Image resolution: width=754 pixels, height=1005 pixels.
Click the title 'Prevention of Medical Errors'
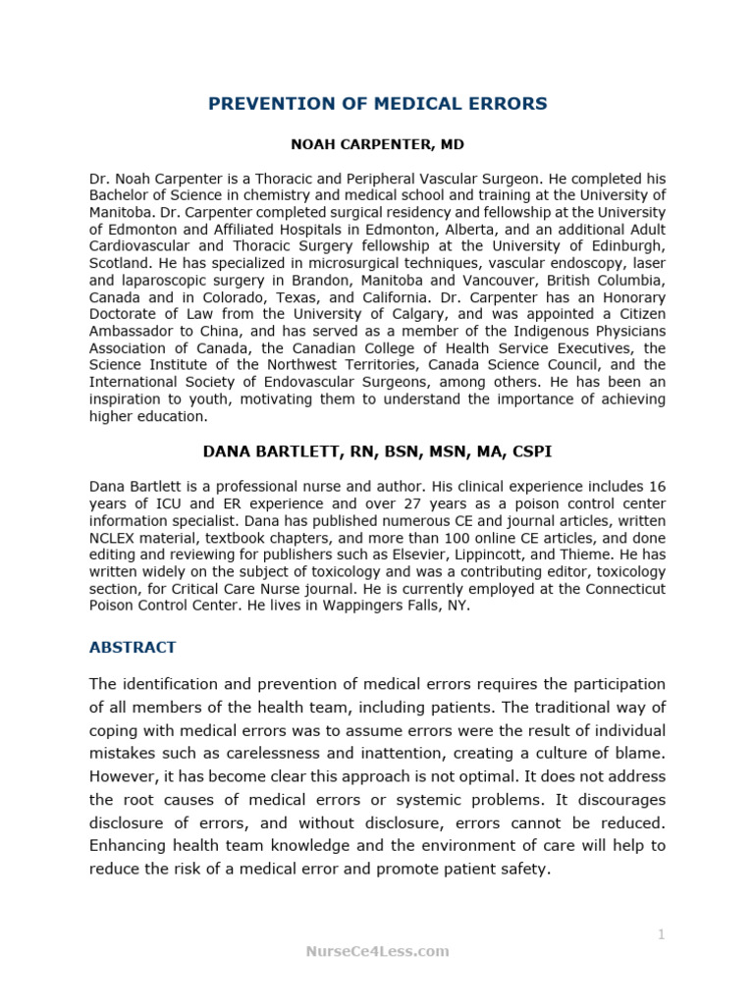coord(377,104)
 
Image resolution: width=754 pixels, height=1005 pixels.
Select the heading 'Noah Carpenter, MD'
coord(377,144)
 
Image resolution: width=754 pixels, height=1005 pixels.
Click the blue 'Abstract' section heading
coord(133,647)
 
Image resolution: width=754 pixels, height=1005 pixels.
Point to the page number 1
coord(661,934)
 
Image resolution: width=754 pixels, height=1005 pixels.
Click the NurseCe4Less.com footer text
coord(377,950)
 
